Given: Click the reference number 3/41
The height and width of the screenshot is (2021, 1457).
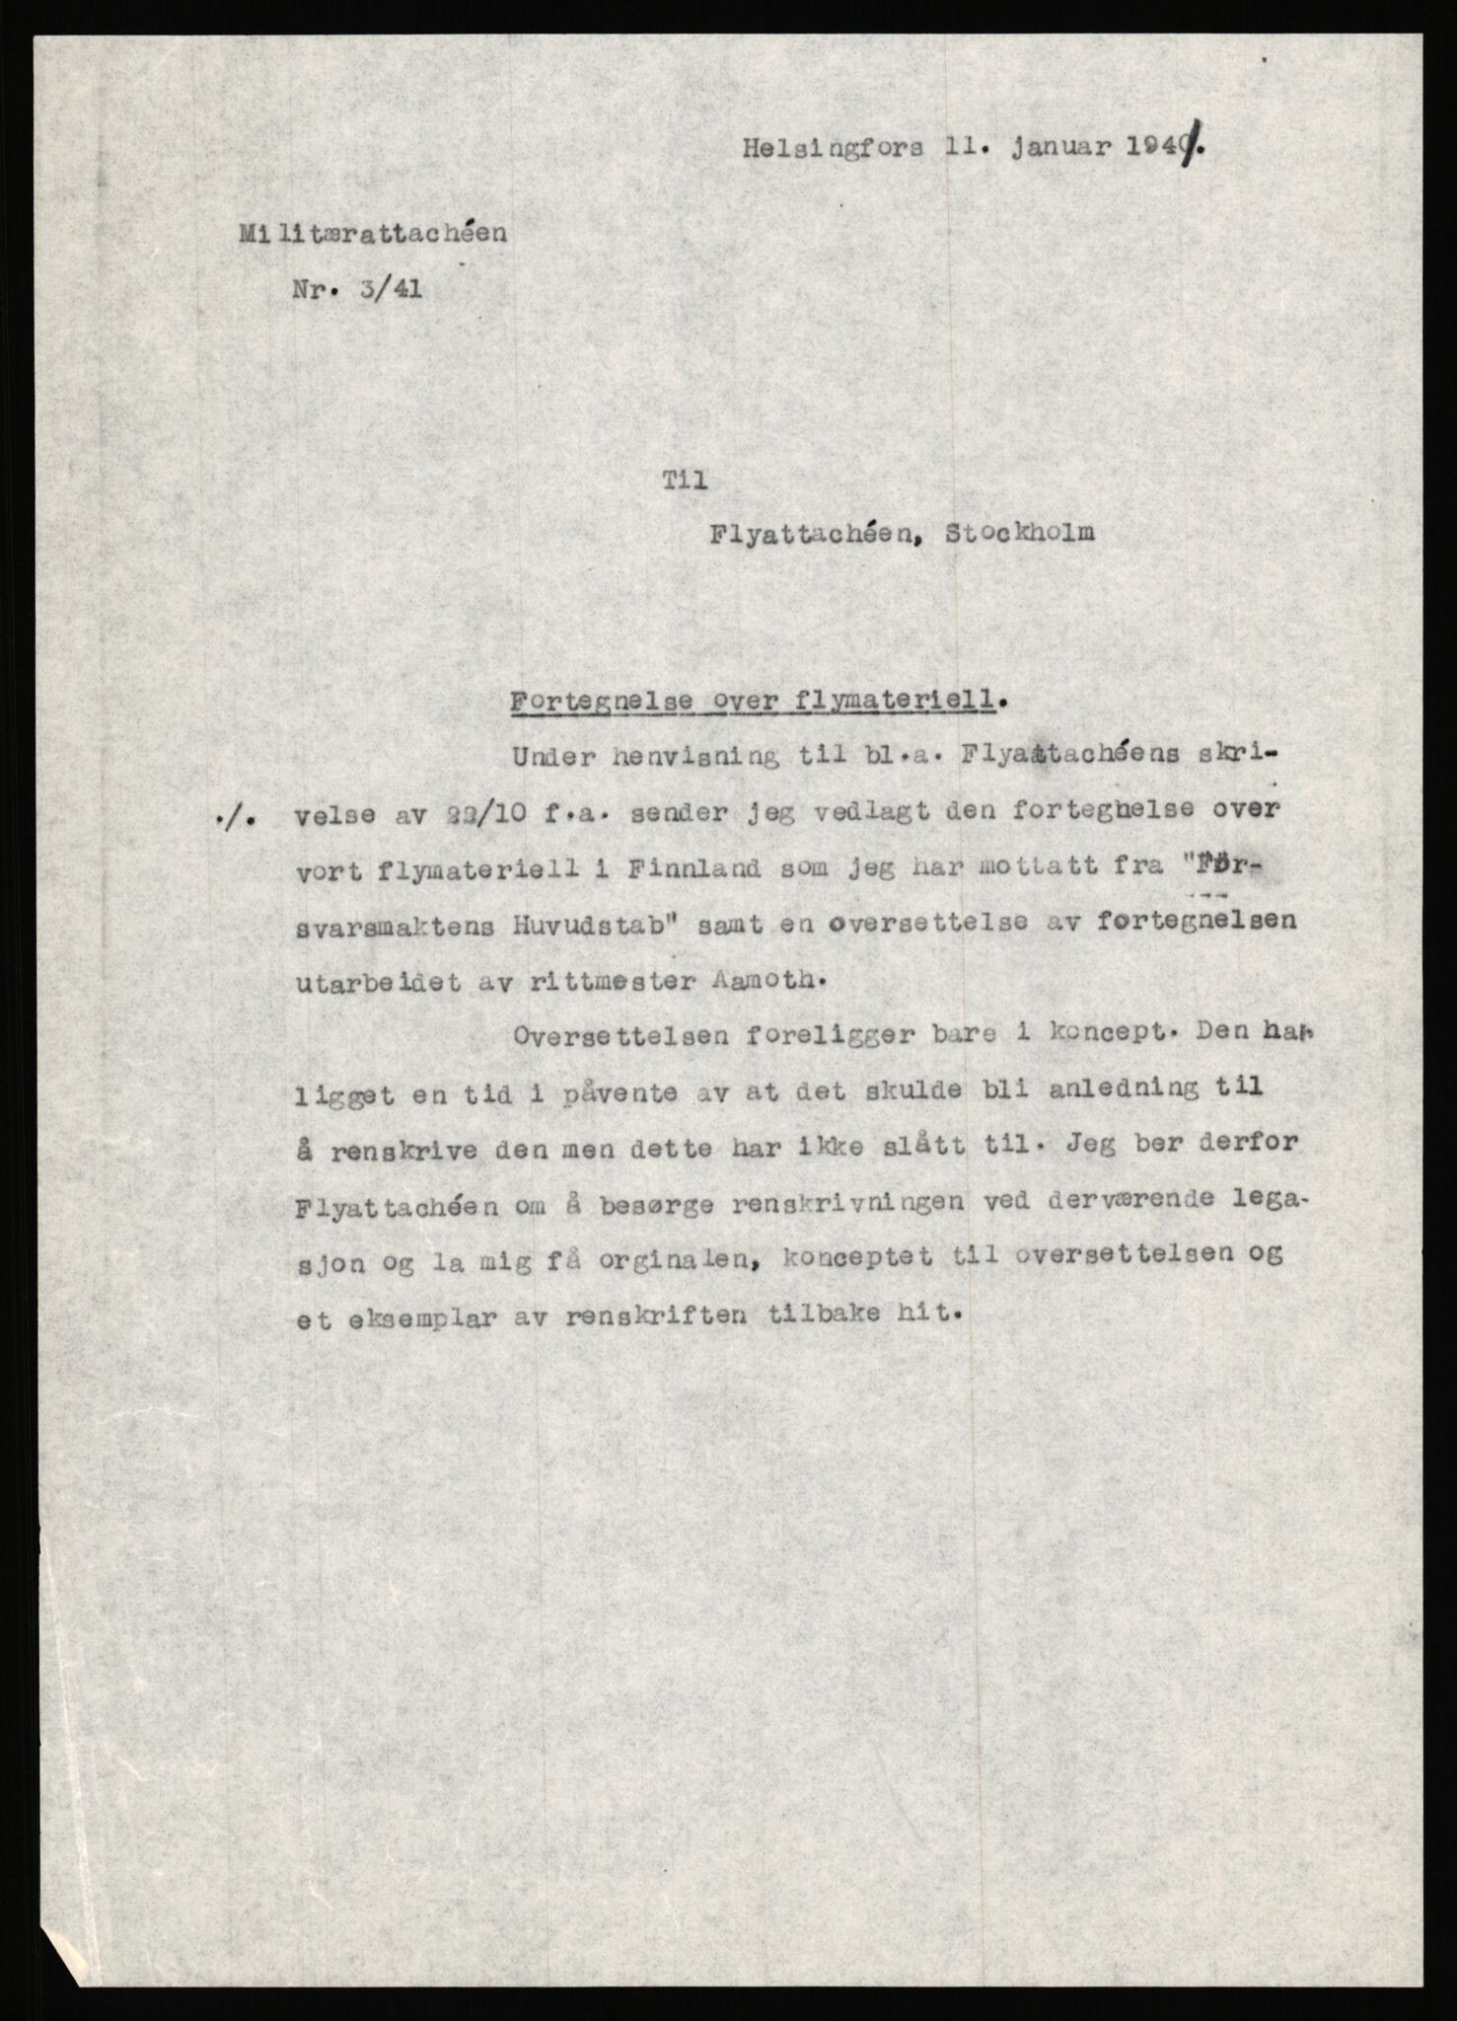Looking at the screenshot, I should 395,291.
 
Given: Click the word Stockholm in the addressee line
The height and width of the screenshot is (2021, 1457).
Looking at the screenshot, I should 1019,534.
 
